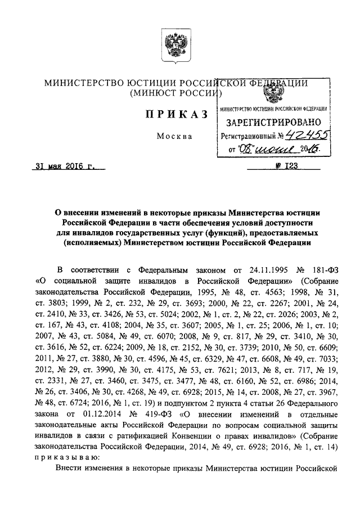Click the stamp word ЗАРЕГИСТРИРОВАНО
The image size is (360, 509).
[273, 122]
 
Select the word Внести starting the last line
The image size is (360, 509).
[70, 468]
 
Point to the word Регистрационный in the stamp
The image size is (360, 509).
[248, 136]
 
